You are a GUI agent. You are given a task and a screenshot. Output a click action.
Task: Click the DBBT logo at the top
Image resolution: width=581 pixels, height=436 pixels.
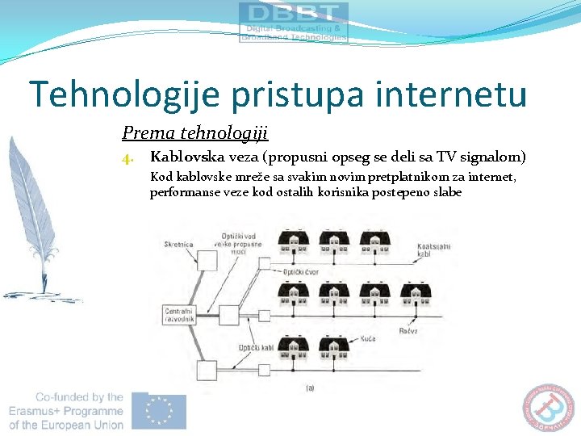click(x=294, y=22)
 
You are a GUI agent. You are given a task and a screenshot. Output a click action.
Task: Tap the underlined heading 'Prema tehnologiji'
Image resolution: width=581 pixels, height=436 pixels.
click(x=194, y=132)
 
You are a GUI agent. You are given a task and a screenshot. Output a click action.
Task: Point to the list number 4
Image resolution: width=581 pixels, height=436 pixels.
click(x=127, y=157)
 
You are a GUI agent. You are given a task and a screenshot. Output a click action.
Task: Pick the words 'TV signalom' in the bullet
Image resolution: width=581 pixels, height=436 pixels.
click(x=479, y=157)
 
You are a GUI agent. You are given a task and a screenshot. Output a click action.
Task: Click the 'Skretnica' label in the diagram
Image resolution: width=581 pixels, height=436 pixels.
click(x=178, y=244)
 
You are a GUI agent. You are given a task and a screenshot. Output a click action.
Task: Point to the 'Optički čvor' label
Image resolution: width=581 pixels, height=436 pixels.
click(x=299, y=272)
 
